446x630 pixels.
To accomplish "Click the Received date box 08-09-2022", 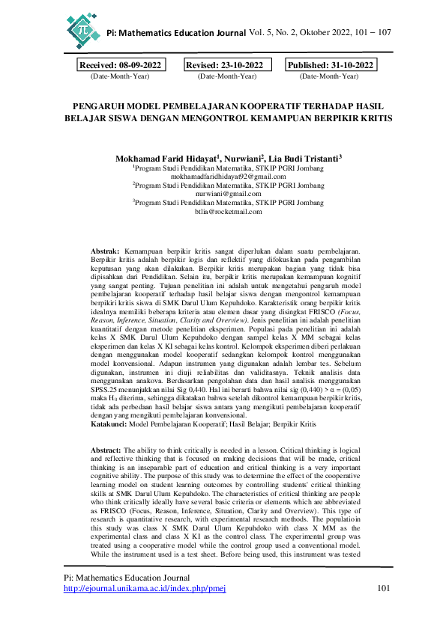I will click(x=120, y=66).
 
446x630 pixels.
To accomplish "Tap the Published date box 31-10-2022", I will click(x=331, y=66).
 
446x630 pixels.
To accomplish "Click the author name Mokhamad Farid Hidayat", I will click(x=166, y=159).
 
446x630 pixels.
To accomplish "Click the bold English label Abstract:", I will click(x=105, y=450).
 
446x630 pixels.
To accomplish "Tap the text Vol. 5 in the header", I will click(x=262, y=33).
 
